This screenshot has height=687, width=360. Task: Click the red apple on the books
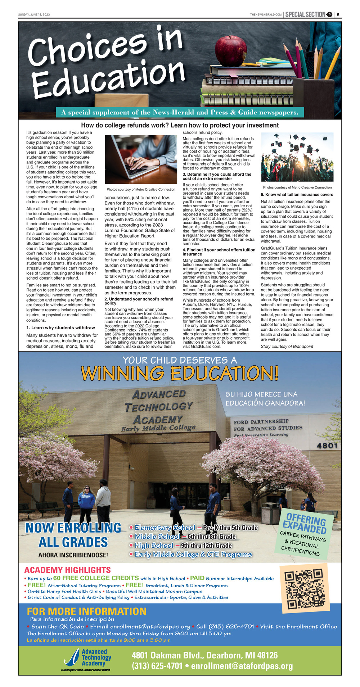pos(231,51)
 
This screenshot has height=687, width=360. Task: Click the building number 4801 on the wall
pos(327,446)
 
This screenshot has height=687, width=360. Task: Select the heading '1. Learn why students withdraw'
pos(60,327)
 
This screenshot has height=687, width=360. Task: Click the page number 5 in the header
pos(338,14)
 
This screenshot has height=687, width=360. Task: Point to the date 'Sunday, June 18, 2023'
pos(34,14)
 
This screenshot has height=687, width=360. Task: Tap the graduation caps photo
pos(297,157)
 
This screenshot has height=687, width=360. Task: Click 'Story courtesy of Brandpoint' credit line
pos(287,346)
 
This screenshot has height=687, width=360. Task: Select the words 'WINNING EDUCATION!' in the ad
pos(180,373)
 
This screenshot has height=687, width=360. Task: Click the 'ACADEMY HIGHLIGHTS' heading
pos(67,570)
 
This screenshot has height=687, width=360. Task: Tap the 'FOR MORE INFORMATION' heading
pos(86,611)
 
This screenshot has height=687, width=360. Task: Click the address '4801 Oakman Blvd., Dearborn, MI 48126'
pos(204,655)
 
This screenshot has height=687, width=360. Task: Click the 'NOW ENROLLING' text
pos(73,528)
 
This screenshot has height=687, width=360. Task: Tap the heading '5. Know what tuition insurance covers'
pos(297,195)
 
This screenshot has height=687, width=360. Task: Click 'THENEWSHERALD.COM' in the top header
pos(266,14)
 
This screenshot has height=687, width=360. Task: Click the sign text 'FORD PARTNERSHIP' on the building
pos(261,421)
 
